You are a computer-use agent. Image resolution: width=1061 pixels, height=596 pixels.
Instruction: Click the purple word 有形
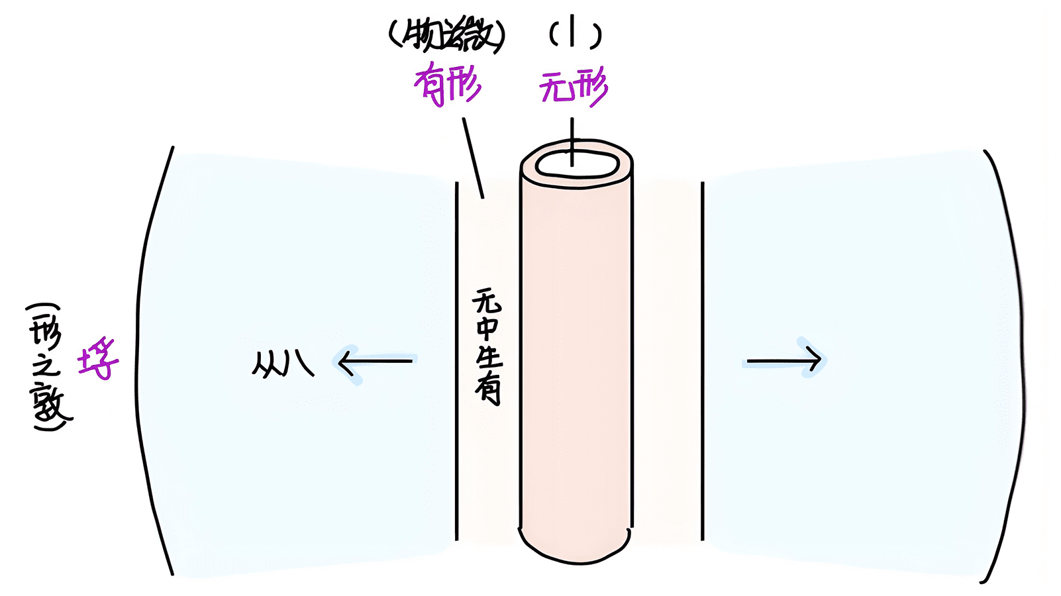coord(448,86)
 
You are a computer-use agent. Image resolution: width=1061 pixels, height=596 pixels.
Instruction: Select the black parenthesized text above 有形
coord(446,36)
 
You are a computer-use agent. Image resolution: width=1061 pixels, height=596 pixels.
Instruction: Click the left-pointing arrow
coord(375,362)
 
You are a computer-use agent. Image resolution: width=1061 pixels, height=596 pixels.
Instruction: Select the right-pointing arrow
coord(784,361)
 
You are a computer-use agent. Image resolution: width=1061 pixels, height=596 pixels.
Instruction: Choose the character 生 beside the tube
coord(489,359)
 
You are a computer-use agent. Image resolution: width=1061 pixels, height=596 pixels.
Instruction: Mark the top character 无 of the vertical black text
coord(487,302)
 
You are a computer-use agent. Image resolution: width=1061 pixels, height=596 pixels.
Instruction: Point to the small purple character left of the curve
coord(98,360)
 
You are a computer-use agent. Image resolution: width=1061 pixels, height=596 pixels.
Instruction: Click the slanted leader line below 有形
coord(473,158)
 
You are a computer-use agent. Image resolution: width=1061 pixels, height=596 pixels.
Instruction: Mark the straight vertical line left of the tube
coord(456,361)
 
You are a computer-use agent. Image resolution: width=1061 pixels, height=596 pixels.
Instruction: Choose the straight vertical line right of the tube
coord(702,361)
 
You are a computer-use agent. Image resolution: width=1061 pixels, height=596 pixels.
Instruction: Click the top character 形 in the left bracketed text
coord(46,332)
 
